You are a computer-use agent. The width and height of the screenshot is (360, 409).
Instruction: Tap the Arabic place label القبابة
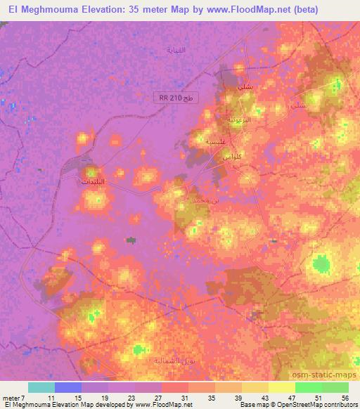[x=176, y=51]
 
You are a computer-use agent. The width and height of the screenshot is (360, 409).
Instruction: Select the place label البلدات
[x=96, y=181]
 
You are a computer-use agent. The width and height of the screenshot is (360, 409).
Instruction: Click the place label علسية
[x=214, y=141]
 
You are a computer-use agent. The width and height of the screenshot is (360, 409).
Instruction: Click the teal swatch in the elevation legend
[x=41, y=387]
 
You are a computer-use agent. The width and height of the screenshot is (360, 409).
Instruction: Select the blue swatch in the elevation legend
[x=68, y=387]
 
